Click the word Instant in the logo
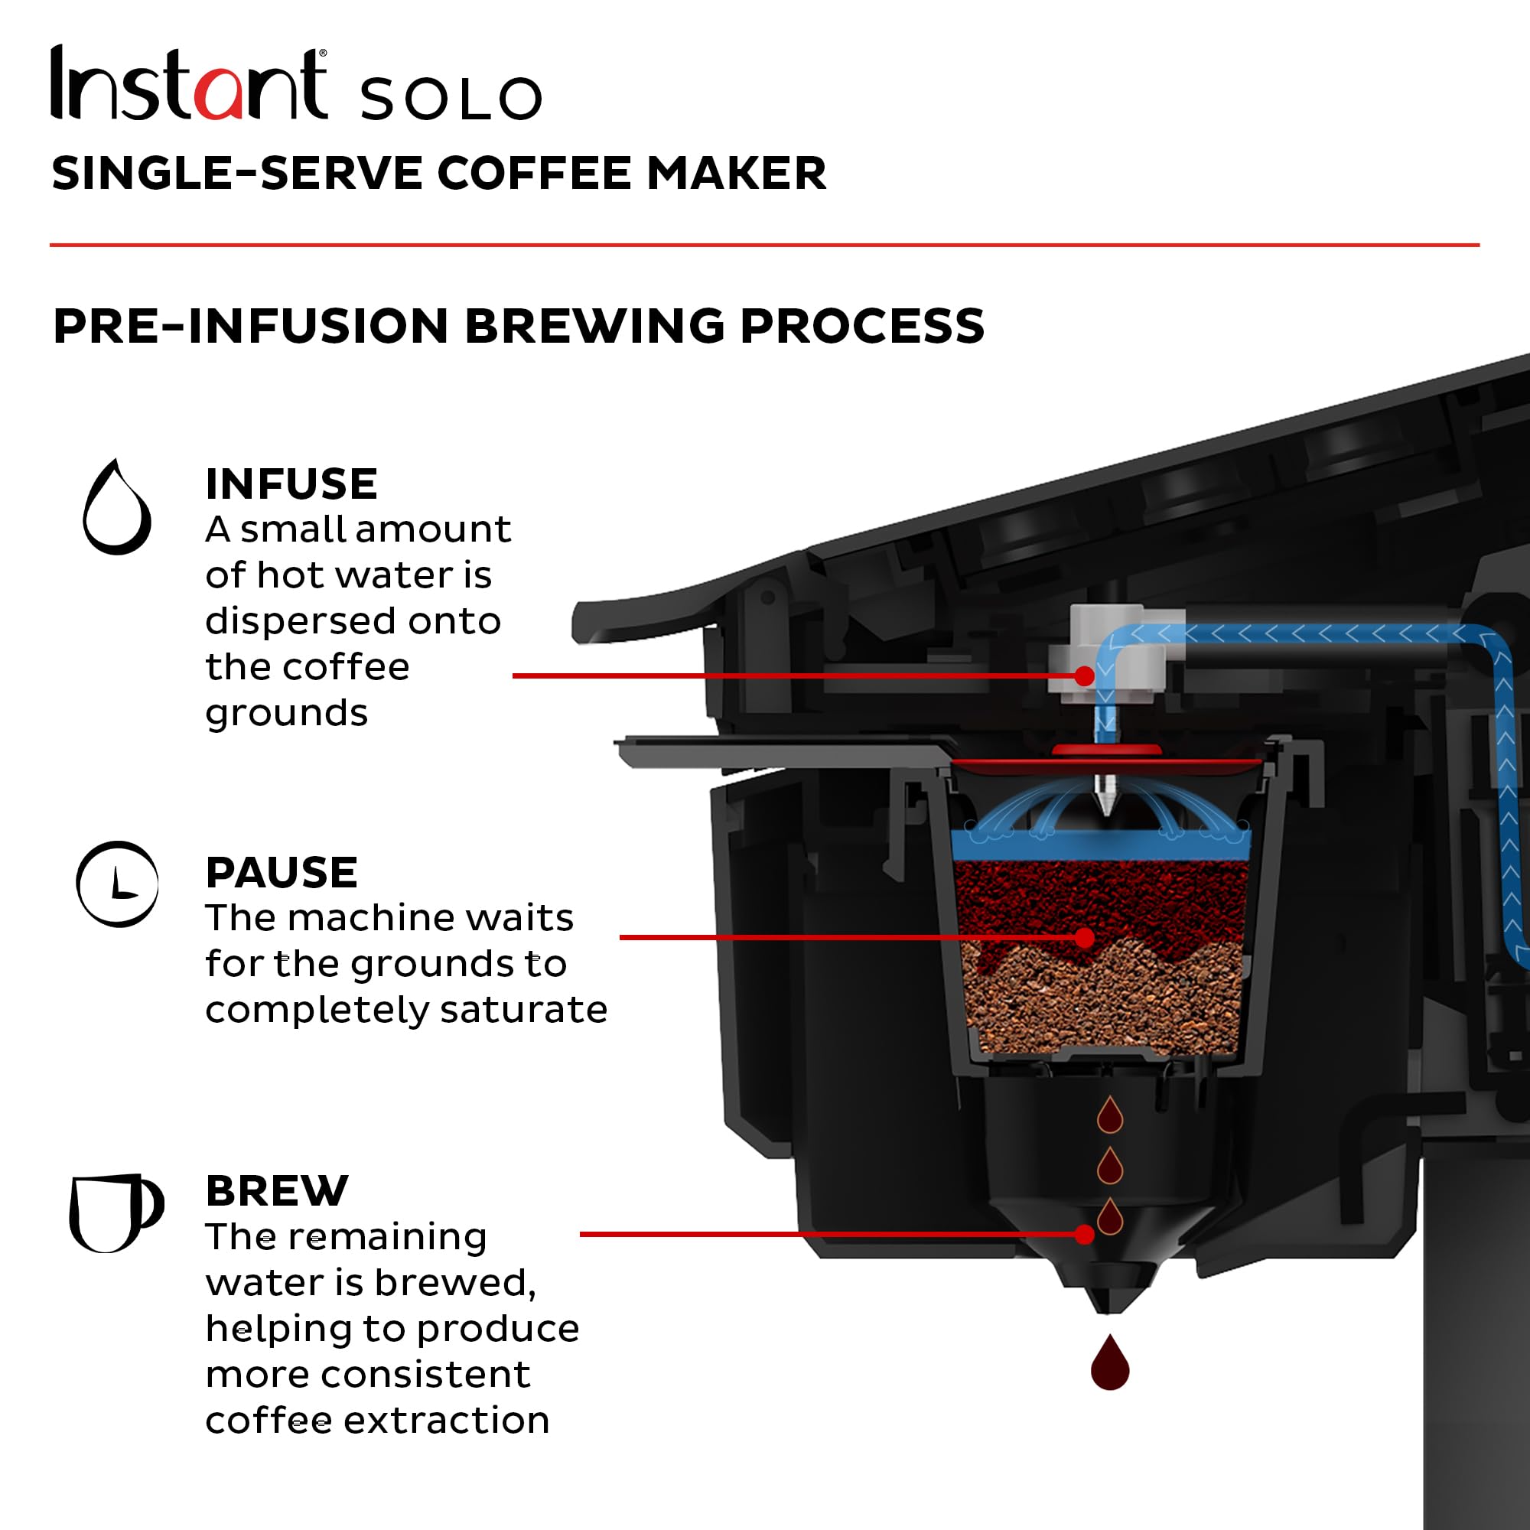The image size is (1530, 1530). tap(188, 84)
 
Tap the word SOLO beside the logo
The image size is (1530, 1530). tap(451, 98)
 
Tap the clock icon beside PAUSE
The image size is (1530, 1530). tap(117, 884)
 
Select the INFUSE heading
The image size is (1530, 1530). tap(291, 484)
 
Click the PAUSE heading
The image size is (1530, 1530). tap(281, 873)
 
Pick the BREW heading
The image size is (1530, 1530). tap(276, 1190)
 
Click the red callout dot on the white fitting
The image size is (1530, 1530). tap(1085, 675)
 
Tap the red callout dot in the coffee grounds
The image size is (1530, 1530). tap(1085, 938)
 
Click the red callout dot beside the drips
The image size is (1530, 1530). tap(1085, 1234)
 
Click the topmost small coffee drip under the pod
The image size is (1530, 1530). tap(1109, 1117)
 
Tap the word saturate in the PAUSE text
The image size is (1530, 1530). tap(523, 1010)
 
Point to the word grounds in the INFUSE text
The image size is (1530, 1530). tap(287, 714)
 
